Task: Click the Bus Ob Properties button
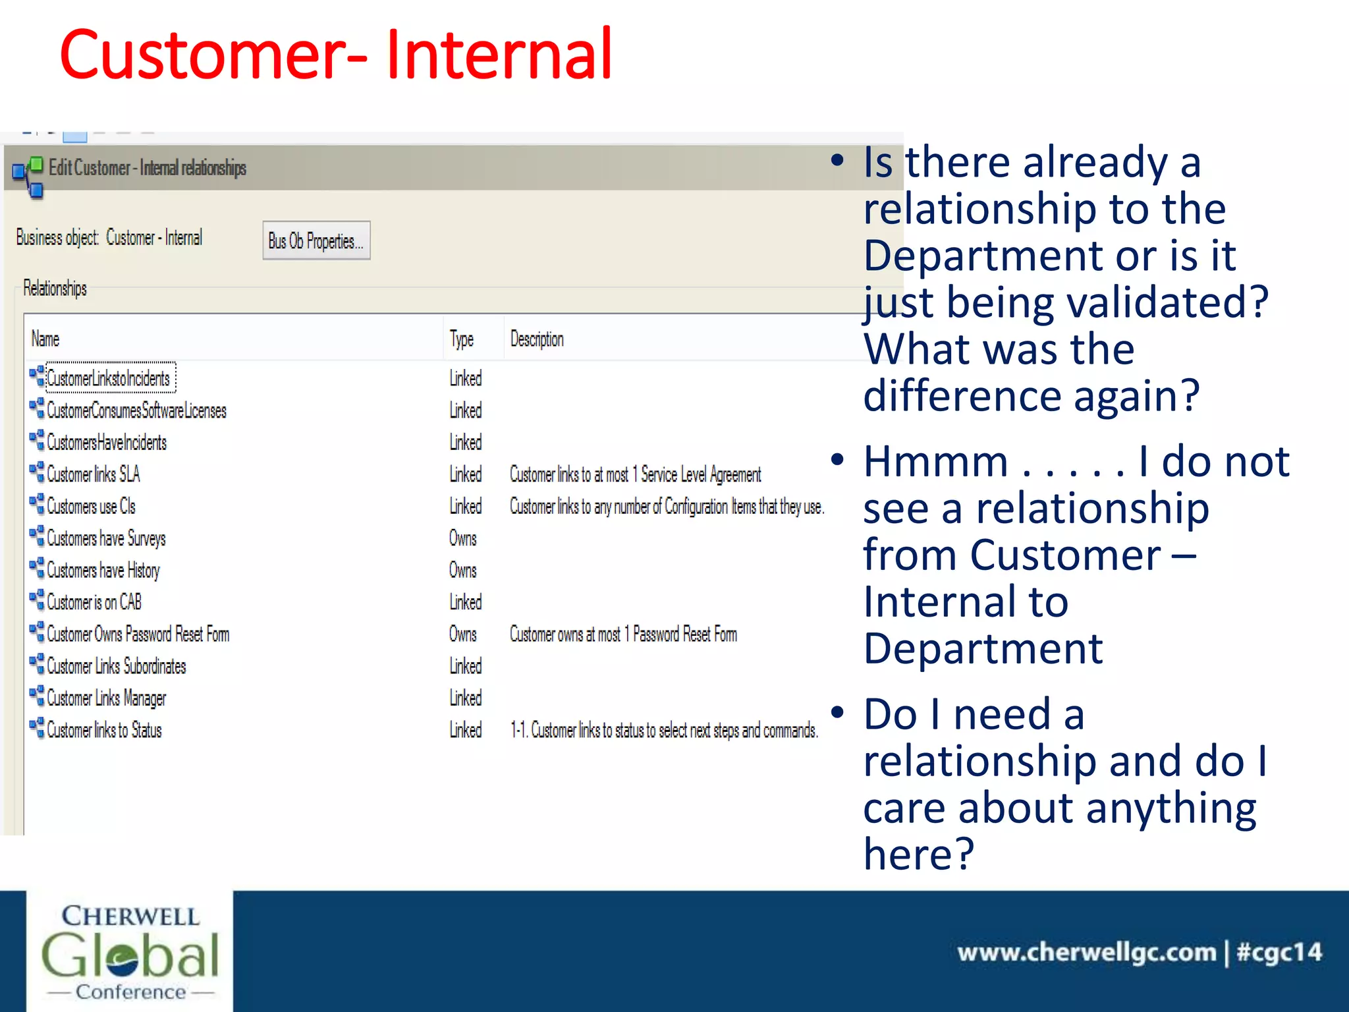pos(316,241)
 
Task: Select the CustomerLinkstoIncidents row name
pos(109,378)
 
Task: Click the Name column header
pos(45,339)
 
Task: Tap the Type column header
pos(462,339)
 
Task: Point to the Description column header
pos(537,339)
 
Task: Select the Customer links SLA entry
pos(93,474)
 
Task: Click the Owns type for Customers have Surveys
pos(462,538)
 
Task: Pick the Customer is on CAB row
pos(94,602)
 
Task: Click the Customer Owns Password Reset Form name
pos(138,634)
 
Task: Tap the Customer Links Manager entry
pos(106,698)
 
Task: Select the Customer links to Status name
pos(104,730)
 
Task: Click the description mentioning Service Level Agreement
pos(635,474)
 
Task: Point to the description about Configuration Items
pos(667,506)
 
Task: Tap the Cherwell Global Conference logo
pos(130,952)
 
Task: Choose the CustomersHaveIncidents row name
pos(107,442)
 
